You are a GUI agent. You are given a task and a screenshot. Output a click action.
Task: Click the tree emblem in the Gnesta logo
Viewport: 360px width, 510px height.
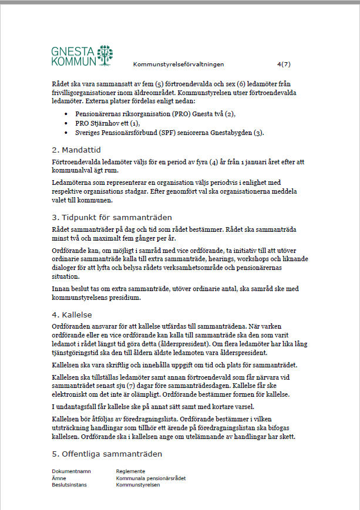(x=105, y=55)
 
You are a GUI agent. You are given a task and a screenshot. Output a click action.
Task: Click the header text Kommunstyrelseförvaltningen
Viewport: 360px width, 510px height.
(x=179, y=64)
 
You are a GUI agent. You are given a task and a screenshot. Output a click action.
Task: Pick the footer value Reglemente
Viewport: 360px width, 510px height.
(x=131, y=471)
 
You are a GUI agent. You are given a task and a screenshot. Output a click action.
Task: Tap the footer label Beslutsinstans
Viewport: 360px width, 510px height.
(x=70, y=485)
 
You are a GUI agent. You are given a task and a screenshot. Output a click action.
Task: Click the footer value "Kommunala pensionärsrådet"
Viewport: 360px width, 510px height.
(x=151, y=478)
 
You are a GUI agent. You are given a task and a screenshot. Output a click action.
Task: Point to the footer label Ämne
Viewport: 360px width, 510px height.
(x=59, y=478)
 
